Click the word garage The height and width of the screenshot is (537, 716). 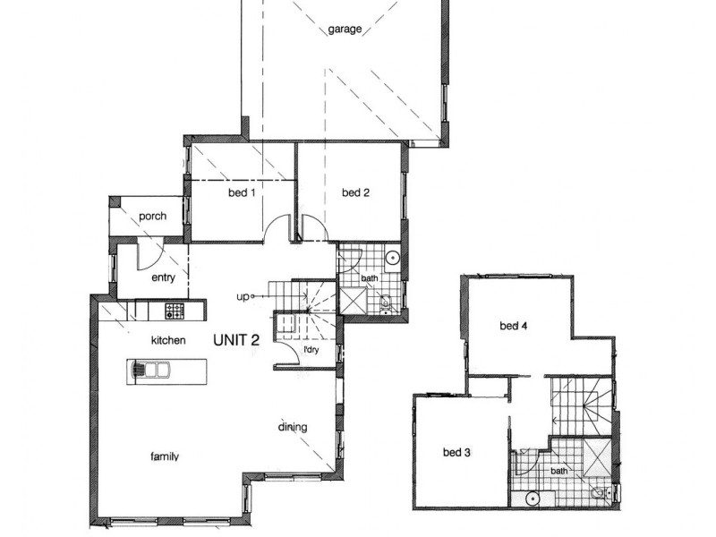tap(345, 30)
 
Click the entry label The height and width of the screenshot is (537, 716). tap(163, 277)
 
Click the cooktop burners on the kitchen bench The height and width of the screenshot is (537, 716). tap(174, 311)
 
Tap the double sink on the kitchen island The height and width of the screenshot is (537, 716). tap(148, 369)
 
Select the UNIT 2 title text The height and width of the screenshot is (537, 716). tap(236, 340)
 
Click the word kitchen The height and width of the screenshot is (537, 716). tap(167, 340)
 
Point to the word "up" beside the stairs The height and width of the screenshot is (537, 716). tap(242, 296)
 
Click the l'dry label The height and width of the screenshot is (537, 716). tap(311, 349)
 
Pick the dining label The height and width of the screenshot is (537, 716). tap(292, 427)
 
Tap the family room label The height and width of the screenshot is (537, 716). tap(164, 456)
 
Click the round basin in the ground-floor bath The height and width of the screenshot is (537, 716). tap(392, 259)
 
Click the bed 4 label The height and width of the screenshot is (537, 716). tap(514, 325)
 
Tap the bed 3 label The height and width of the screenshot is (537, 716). tap(456, 453)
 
